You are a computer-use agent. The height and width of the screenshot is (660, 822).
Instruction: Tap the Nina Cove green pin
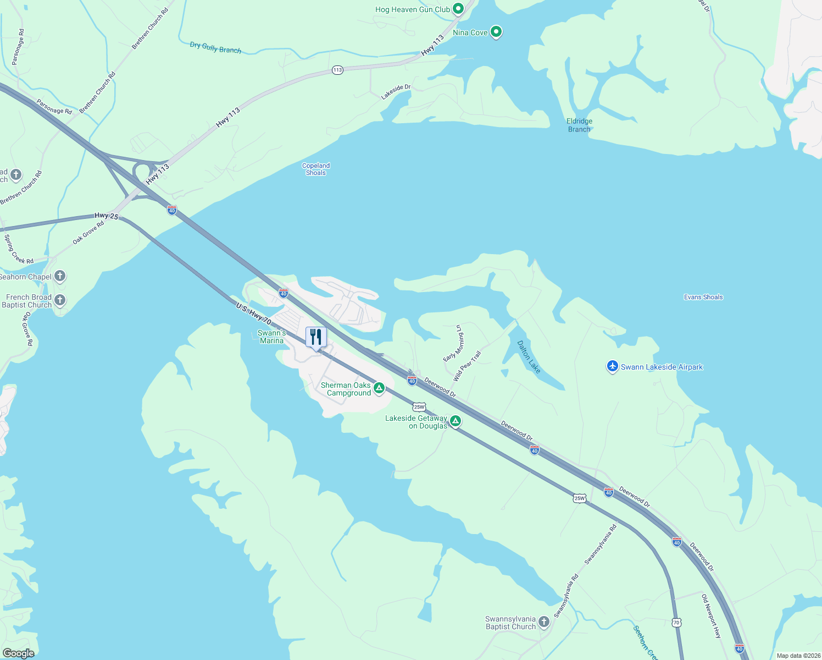(496, 32)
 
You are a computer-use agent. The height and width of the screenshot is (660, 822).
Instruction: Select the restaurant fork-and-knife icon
(316, 337)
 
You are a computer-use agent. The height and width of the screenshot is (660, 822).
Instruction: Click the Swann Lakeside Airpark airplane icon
(613, 366)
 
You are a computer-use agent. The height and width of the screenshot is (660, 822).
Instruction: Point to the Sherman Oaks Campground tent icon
(379, 388)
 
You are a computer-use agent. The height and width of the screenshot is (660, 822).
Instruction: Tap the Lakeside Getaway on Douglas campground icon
(455, 421)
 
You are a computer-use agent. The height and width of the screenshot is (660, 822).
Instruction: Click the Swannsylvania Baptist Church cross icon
(544, 622)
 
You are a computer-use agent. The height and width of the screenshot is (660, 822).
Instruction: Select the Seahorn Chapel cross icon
(60, 276)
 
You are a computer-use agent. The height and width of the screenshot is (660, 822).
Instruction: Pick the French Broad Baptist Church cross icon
(60, 300)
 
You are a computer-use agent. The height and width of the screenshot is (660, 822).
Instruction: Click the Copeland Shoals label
(316, 169)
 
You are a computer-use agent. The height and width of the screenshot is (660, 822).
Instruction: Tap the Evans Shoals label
(703, 297)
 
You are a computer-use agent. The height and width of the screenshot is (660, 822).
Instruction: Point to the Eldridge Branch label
(579, 125)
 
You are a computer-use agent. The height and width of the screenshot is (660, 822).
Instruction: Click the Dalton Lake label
(529, 356)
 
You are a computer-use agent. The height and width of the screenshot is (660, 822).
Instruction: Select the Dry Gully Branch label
(215, 48)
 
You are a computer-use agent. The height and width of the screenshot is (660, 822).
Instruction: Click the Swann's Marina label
(271, 337)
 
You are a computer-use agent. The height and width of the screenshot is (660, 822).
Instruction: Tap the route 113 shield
(337, 70)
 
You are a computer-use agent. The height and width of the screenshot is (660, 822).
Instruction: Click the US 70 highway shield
(676, 622)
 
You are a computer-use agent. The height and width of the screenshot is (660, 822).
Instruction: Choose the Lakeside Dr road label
(396, 92)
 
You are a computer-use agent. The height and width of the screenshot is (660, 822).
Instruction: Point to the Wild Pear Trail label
(467, 366)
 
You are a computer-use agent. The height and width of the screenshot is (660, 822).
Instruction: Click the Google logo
(18, 653)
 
